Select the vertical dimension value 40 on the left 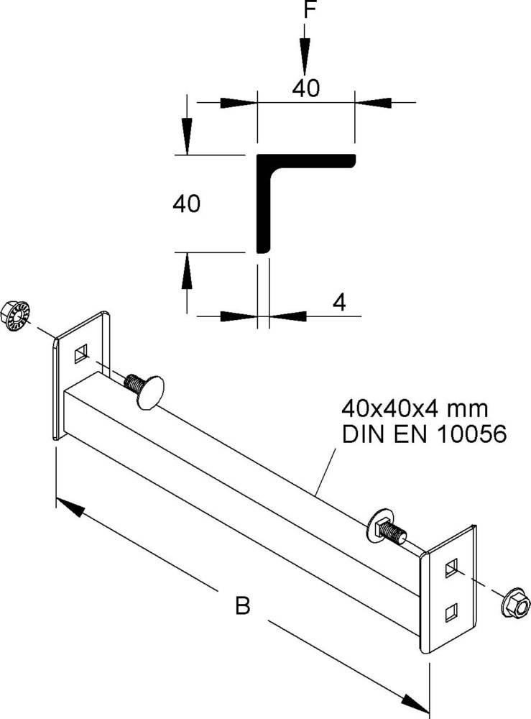186,204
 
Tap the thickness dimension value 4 339,303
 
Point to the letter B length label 243,607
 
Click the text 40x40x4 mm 415,410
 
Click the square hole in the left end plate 81,352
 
